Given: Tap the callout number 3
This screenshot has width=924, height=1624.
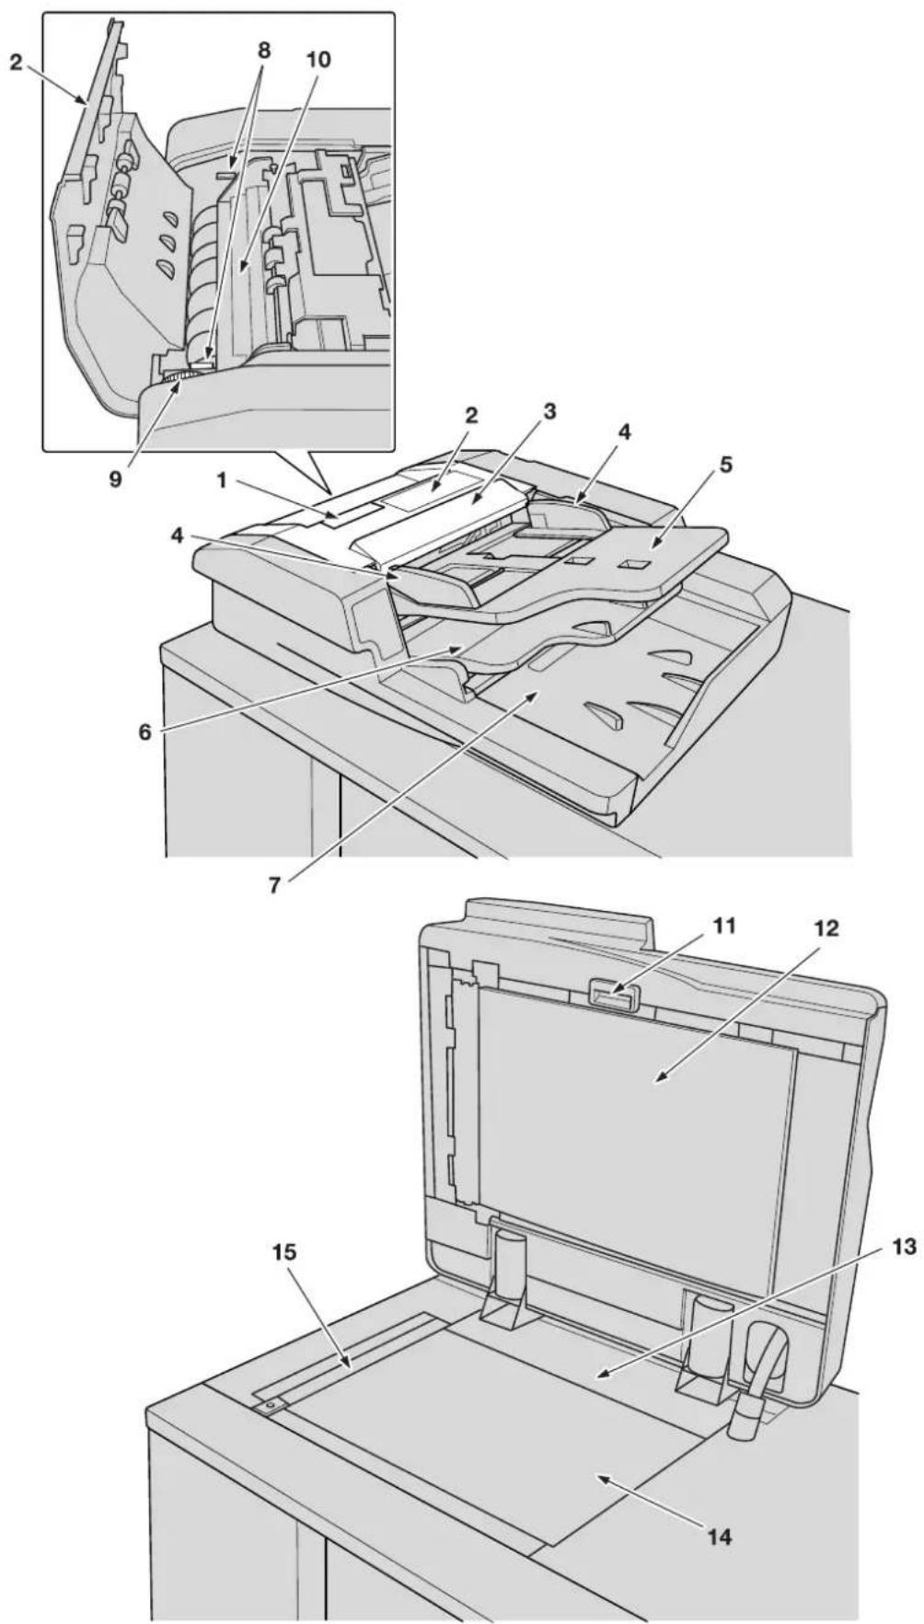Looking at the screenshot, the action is [x=550, y=412].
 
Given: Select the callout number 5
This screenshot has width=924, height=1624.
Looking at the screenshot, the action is [x=726, y=466].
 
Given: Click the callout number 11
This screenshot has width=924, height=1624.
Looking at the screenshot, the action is [x=726, y=927].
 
